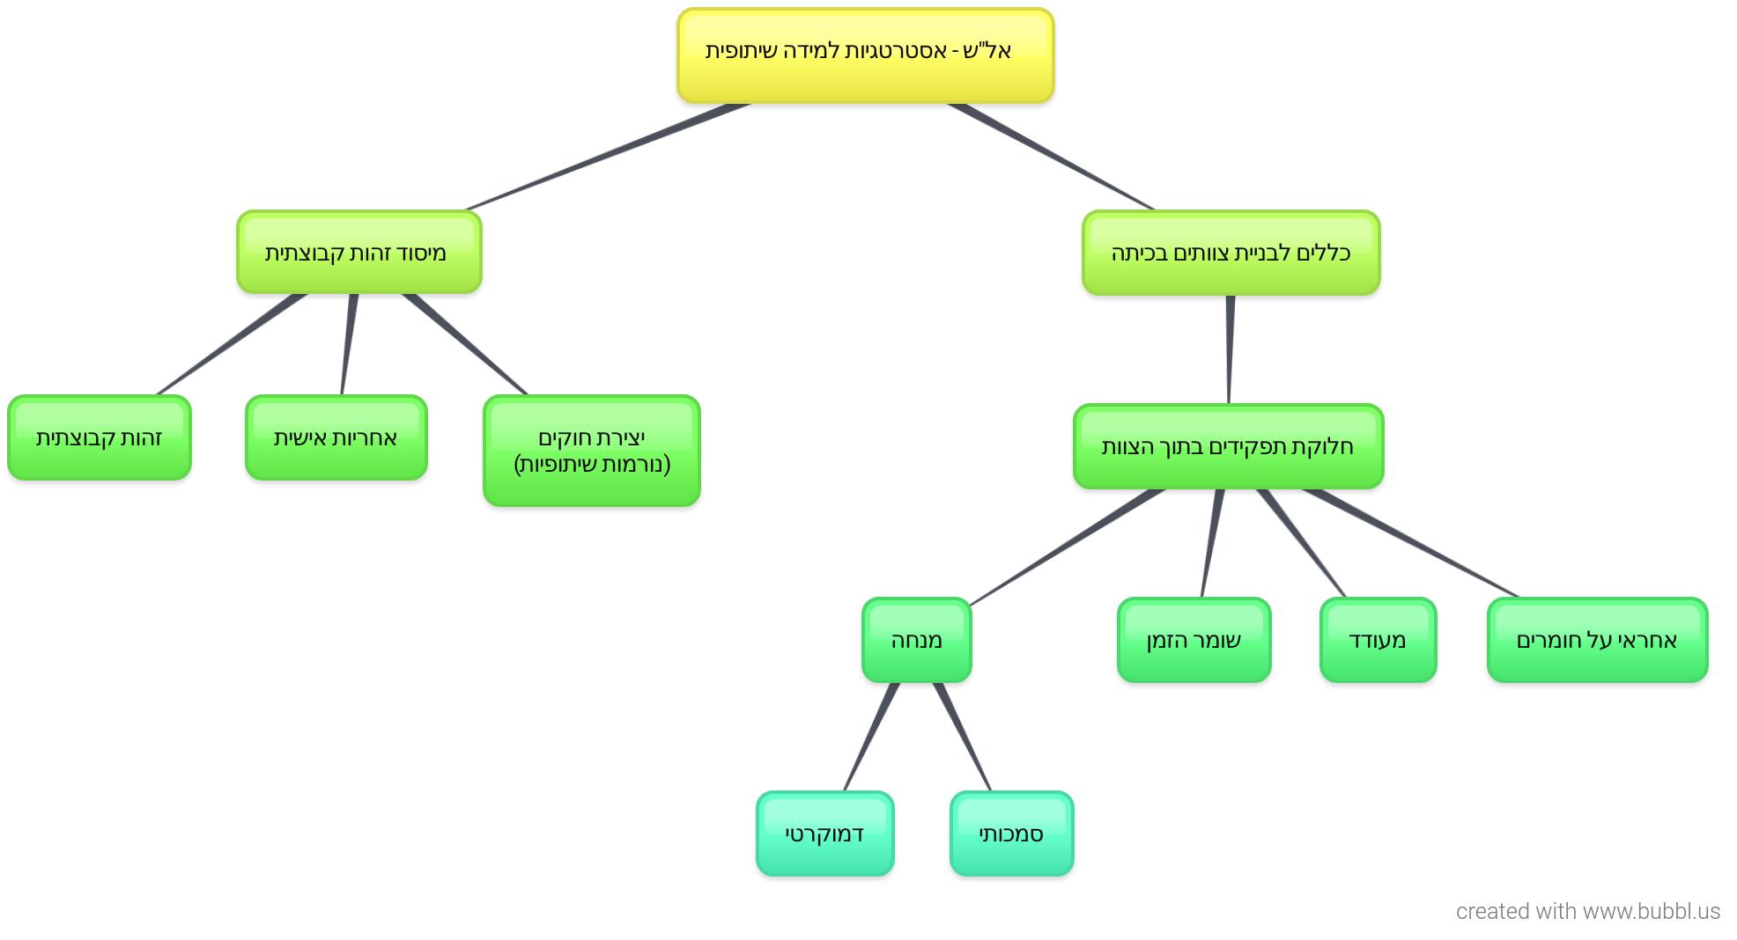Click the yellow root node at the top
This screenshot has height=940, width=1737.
point(865,55)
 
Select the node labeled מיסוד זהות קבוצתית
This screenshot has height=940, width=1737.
point(359,252)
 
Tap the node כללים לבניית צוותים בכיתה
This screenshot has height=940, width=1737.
point(1231,253)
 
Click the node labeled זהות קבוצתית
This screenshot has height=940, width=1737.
point(100,437)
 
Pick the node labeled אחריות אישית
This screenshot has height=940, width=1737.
point(336,437)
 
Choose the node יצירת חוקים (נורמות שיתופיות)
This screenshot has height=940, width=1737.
point(592,451)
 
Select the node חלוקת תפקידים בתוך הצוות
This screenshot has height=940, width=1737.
point(1229,446)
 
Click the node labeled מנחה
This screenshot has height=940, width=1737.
point(917,640)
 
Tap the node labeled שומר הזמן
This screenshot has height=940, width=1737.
point(1194,640)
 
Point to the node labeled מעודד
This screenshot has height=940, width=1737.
point(1379,640)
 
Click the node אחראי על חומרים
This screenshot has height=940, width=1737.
point(1598,640)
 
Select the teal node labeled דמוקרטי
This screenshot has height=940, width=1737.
point(825,834)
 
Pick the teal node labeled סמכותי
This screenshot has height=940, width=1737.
point(1012,834)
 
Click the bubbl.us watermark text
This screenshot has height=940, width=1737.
point(1588,911)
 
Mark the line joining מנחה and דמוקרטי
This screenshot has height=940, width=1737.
point(871,737)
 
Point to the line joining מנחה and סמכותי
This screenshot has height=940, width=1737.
point(963,737)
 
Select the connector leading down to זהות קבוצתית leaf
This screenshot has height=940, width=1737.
point(231,344)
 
